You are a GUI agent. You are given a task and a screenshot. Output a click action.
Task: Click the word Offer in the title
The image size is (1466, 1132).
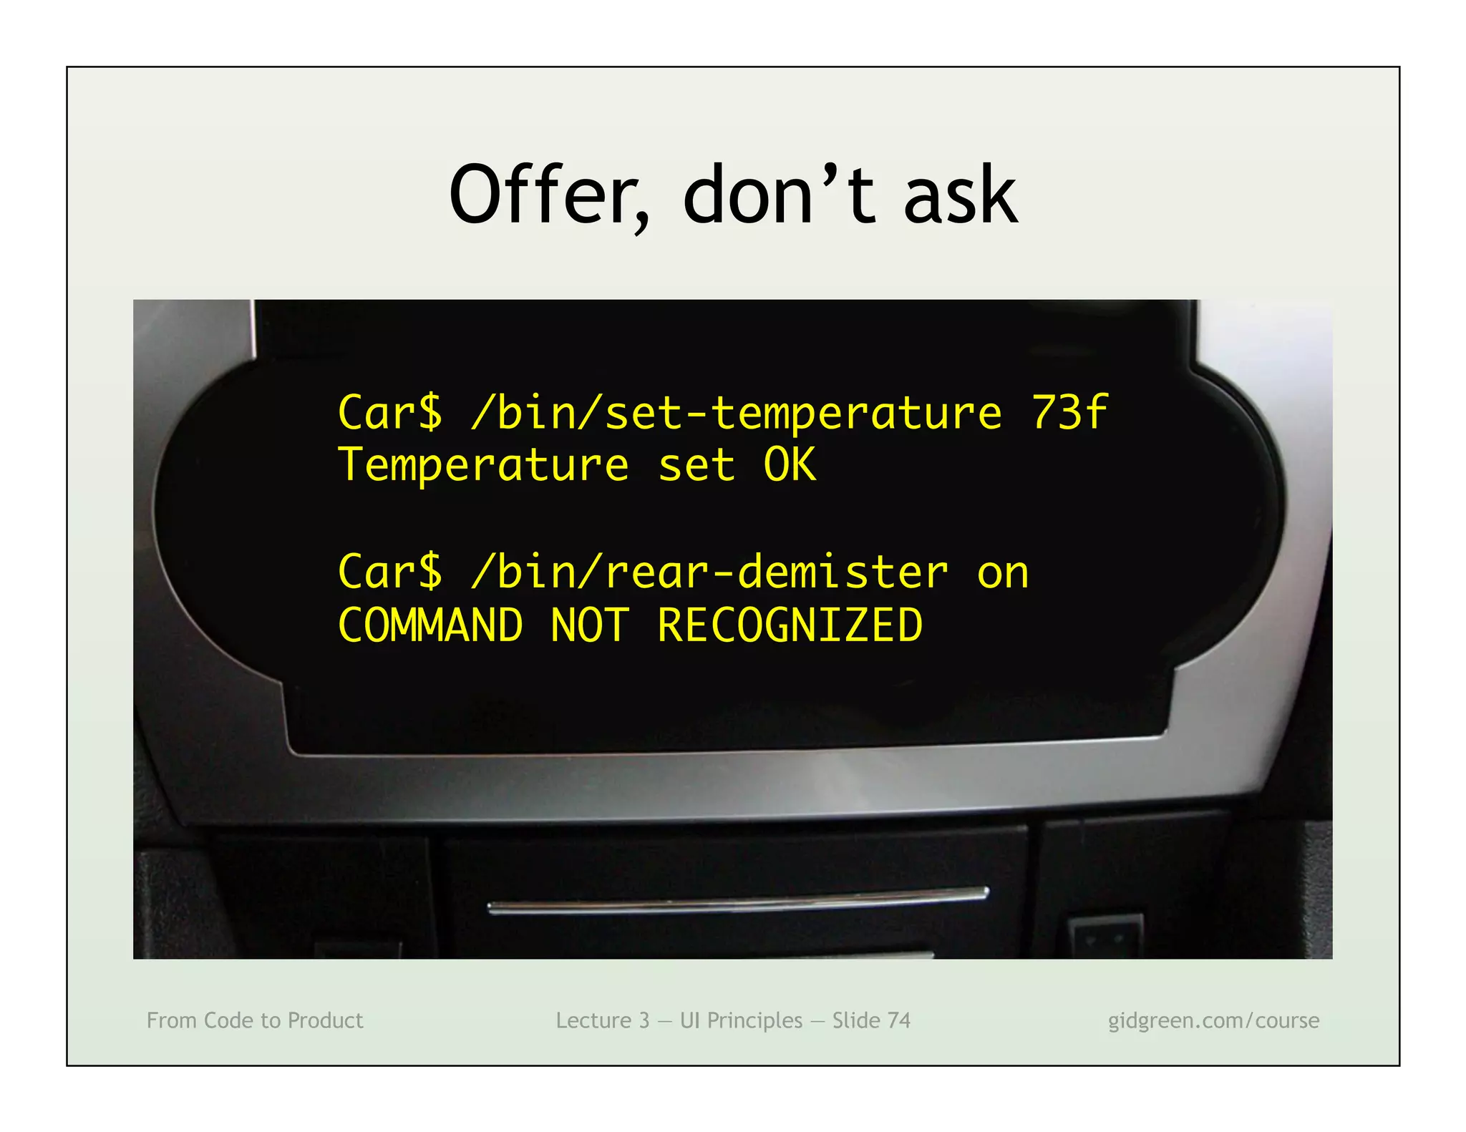click(548, 195)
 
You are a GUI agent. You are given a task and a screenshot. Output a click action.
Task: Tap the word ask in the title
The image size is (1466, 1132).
click(960, 195)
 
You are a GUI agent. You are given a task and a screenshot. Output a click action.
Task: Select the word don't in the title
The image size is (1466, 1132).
click(779, 195)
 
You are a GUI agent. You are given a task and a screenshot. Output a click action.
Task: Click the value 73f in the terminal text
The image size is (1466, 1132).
click(1069, 413)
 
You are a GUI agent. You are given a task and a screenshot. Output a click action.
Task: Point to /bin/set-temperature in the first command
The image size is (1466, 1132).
click(737, 413)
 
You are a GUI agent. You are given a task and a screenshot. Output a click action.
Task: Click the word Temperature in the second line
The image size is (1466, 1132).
click(483, 466)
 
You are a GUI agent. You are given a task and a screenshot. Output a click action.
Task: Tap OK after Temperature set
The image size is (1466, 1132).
click(790, 466)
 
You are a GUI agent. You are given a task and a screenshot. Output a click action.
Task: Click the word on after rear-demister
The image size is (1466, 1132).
click(1003, 574)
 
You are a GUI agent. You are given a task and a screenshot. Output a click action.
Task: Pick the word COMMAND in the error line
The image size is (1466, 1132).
click(430, 625)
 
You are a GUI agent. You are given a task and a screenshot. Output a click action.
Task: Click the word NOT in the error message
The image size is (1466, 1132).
click(590, 625)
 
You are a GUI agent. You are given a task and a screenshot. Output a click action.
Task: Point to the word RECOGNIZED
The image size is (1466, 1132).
click(790, 625)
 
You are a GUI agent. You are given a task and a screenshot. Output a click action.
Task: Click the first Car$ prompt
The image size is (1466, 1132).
click(390, 413)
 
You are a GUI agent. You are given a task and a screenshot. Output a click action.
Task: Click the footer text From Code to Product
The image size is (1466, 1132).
click(255, 1020)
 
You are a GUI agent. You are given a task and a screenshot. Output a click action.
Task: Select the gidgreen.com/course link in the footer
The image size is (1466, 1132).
click(1213, 1020)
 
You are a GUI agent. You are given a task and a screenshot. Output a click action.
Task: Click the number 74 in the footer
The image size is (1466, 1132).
click(899, 1020)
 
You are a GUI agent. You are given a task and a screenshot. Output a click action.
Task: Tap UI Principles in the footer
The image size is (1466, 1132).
click(741, 1020)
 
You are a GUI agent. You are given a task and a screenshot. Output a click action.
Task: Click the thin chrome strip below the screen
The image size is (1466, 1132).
click(737, 902)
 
